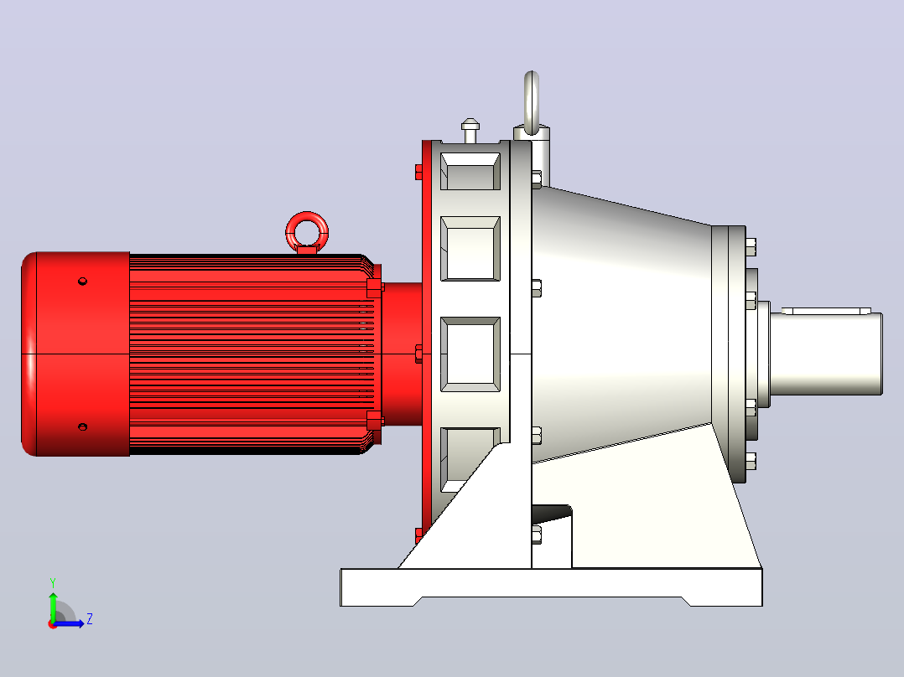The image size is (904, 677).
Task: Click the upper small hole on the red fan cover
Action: (x=82, y=282)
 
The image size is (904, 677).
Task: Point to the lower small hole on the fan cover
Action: (x=82, y=427)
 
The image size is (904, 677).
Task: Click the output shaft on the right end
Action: (x=825, y=354)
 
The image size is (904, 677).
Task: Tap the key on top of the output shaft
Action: (x=825, y=311)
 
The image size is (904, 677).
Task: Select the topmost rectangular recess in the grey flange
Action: (x=470, y=171)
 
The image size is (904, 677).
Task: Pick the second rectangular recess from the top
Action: (x=470, y=249)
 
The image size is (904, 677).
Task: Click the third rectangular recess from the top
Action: (x=470, y=354)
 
